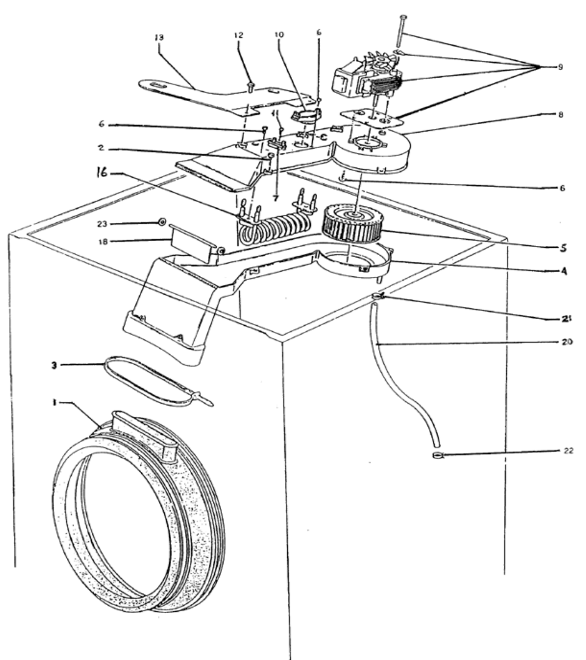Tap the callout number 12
point(239,35)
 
